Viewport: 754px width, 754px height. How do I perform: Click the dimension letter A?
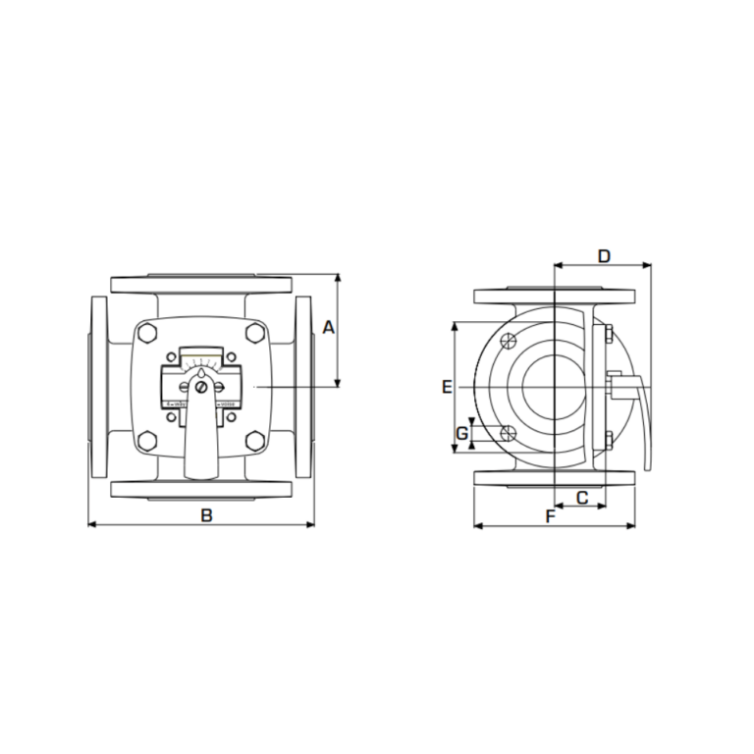coord(329,327)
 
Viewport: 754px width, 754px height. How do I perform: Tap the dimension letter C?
coord(581,498)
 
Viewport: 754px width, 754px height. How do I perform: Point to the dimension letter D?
coord(604,256)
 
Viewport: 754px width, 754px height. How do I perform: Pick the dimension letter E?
coord(447,387)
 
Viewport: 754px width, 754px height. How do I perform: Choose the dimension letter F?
coord(550,514)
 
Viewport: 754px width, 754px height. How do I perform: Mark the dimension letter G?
coord(460,433)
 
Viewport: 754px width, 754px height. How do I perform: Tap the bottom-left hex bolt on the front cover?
coord(148,440)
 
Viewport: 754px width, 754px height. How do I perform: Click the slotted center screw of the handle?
coord(201,388)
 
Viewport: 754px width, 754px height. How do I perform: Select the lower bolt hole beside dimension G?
coord(507,434)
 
